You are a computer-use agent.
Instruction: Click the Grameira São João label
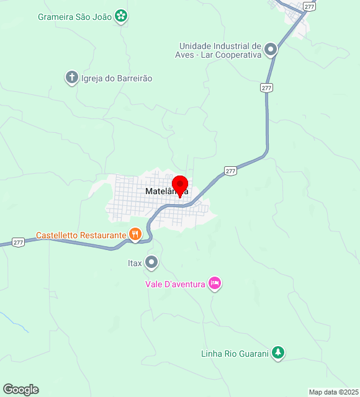click(74, 17)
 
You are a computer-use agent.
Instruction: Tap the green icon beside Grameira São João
click(122, 16)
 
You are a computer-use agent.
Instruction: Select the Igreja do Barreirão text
click(117, 79)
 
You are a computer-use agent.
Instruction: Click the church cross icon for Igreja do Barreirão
click(72, 78)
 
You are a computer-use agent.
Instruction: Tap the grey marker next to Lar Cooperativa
click(271, 49)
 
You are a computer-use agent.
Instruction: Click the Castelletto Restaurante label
click(81, 235)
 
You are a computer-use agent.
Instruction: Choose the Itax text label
click(135, 263)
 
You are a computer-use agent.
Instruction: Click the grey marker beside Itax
click(151, 263)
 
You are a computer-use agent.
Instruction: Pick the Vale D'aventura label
click(176, 284)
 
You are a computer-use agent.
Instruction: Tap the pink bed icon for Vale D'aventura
click(214, 283)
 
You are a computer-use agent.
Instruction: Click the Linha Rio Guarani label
click(235, 354)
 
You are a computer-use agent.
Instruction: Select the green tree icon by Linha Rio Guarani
click(279, 353)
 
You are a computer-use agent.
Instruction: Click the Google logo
click(20, 390)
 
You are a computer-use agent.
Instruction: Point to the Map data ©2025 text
click(333, 392)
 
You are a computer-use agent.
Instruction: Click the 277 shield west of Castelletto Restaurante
click(18, 243)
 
